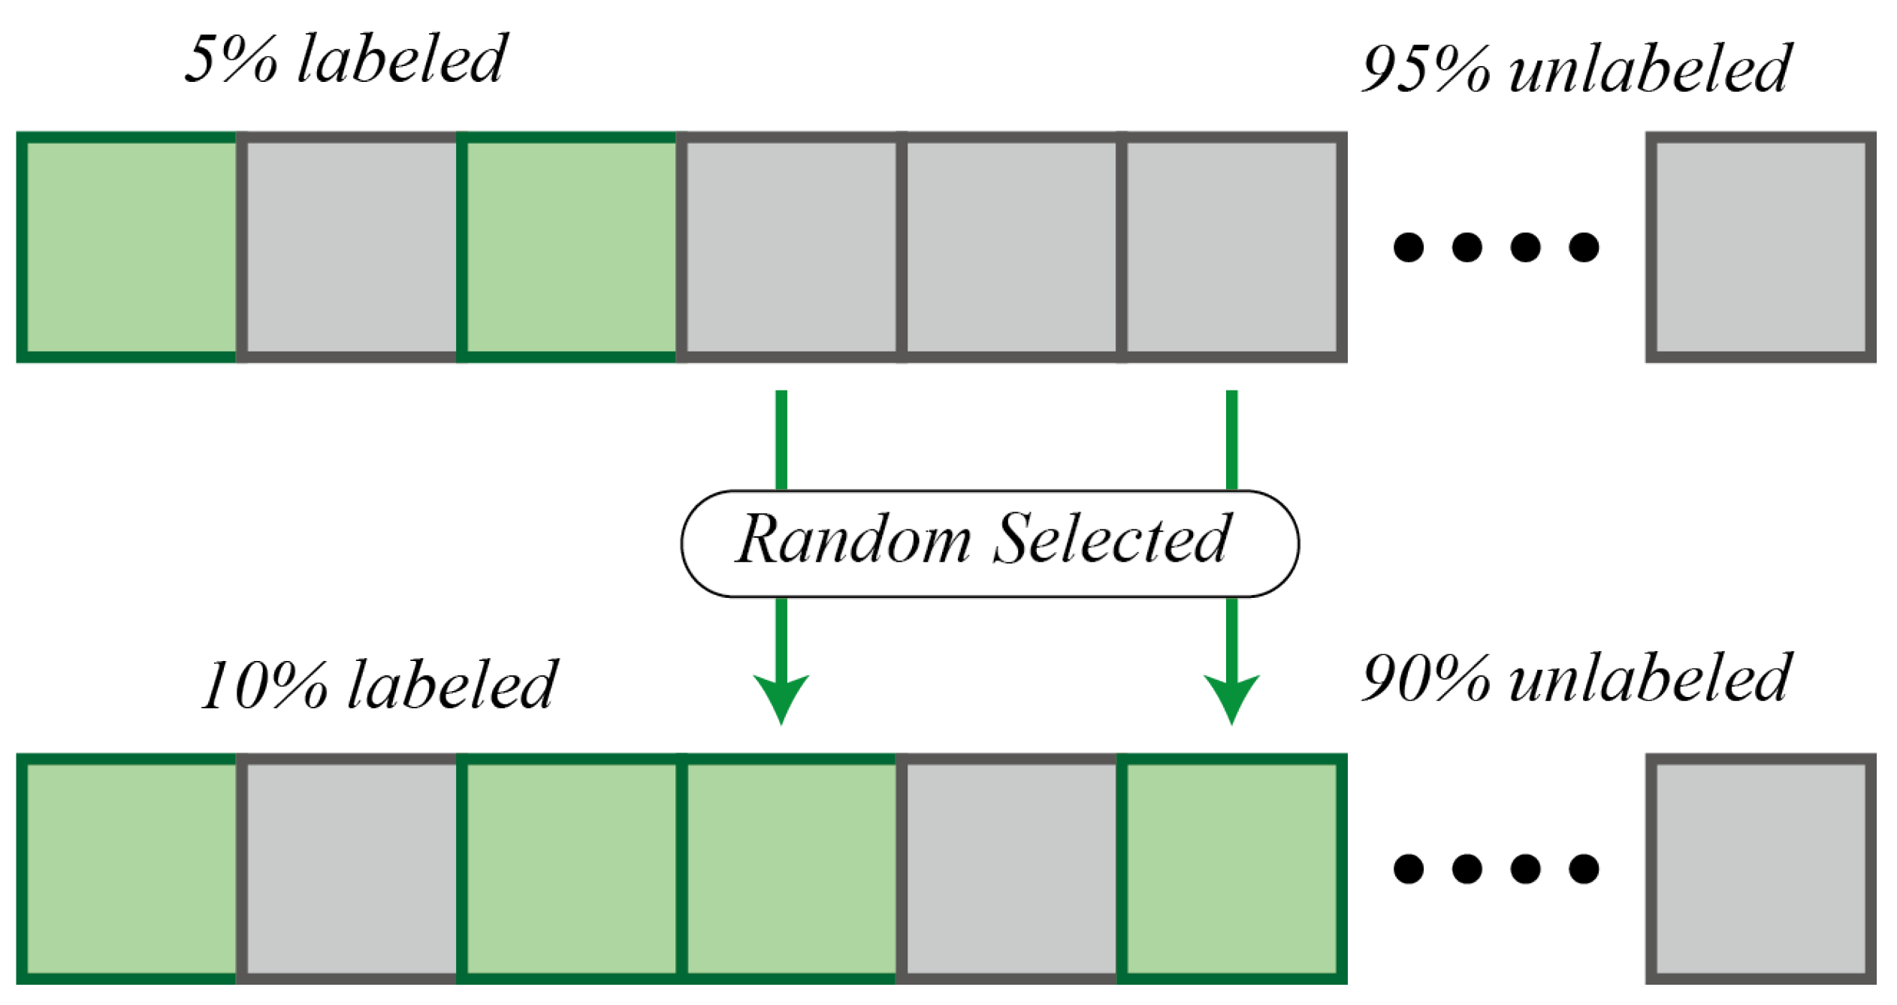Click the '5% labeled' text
pos(346,60)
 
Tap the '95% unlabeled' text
pos(1576,70)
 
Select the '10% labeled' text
pos(379,685)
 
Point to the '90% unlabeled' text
pos(1576,679)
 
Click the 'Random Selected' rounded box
pos(989,544)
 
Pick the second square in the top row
pos(348,247)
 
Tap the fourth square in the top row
pos(789,247)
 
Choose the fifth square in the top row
pos(1010,247)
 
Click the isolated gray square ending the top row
pos(1760,247)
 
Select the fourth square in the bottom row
pos(789,869)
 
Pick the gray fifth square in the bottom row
pos(1010,869)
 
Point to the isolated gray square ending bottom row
pos(1760,869)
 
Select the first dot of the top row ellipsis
pos(1408,247)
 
